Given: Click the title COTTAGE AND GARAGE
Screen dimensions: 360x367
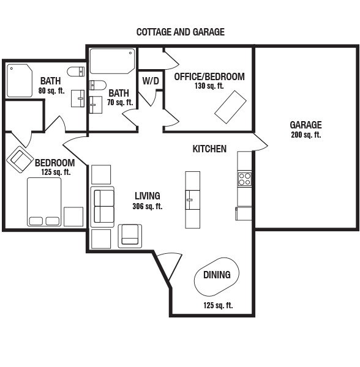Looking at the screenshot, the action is click(181, 32).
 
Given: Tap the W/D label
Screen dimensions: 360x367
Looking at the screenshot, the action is click(151, 81).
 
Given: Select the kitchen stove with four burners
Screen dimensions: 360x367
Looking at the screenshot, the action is click(245, 179).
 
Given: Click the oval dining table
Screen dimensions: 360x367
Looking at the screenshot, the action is click(217, 276).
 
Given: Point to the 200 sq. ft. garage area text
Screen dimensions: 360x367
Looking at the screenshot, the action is click(306, 135).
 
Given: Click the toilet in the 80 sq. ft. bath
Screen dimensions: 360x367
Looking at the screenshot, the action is click(76, 72).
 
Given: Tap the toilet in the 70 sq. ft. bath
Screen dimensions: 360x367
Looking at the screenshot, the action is click(98, 85).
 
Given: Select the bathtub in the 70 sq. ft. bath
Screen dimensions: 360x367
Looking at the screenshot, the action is click(113, 61).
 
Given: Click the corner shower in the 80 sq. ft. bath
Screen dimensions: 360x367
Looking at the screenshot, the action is click(20, 81).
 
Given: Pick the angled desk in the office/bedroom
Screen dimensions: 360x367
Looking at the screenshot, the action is click(230, 107).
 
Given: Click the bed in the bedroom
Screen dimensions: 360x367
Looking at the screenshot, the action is click(44, 202).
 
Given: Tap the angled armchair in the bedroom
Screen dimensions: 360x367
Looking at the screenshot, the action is click(20, 160).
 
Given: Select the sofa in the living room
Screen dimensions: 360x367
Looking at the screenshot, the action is click(102, 207).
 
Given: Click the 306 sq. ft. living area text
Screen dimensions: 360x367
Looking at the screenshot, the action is click(148, 207).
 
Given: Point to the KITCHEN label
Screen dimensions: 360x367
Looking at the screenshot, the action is click(209, 149).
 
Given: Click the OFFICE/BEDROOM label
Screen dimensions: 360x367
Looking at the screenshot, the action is click(209, 77).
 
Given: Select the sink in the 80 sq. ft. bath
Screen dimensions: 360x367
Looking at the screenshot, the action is click(78, 98).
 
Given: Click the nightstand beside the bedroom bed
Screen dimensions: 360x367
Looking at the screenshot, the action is click(73, 217).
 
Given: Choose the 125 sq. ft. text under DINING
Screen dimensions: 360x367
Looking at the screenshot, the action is click(218, 305).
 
